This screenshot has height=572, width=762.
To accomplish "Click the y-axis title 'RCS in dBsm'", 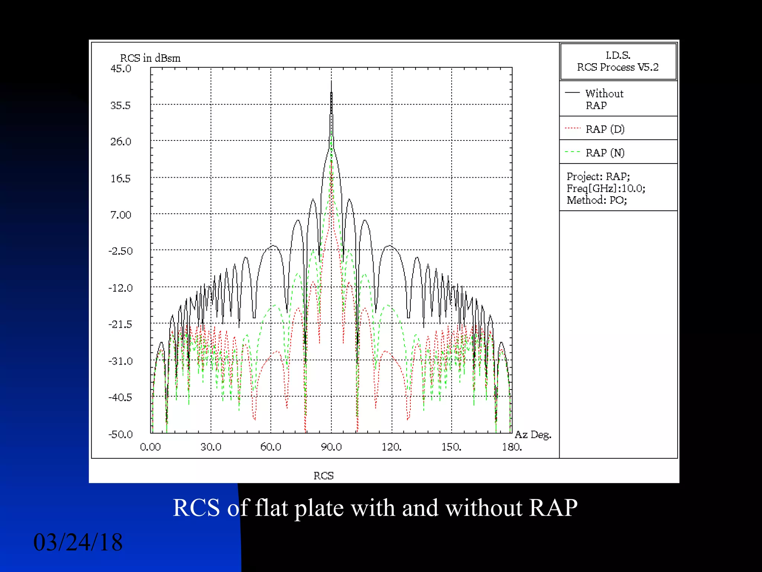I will point(150,58).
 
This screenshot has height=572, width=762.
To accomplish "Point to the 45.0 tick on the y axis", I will point(121,69).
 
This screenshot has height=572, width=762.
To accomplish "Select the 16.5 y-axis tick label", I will point(121,179).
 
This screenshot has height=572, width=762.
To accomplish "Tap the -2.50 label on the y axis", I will point(121,251).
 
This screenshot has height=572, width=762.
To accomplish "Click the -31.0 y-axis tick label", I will point(121,361).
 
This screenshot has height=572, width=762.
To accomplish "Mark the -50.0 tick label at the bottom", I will point(121,434).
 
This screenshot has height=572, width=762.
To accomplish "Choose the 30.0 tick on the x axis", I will point(211,447).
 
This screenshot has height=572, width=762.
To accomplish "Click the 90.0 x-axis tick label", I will point(331,447).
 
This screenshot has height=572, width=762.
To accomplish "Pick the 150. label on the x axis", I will point(451,447).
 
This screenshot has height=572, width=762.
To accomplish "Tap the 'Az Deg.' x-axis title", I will point(533,435).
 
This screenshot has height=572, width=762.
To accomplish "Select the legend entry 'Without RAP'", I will point(604,99).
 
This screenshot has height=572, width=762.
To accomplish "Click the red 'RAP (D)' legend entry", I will point(605,129).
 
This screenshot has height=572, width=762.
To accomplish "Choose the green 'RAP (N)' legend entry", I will point(605,153).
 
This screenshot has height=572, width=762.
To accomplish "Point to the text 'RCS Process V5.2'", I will point(618,67).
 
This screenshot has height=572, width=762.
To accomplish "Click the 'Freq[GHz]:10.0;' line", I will point(606,188).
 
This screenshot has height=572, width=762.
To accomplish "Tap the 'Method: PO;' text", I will point(597,200).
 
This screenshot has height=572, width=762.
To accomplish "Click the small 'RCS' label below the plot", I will point(323,476).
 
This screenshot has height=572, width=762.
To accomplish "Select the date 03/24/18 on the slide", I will point(78,542).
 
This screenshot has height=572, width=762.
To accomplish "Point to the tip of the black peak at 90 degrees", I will point(331,82).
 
